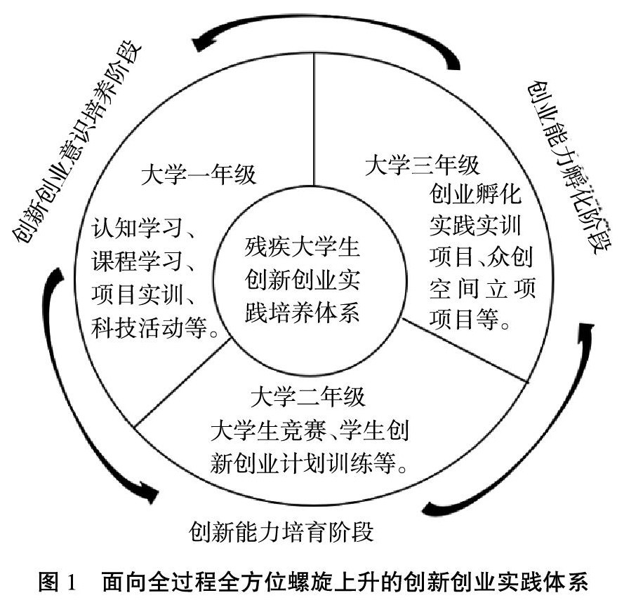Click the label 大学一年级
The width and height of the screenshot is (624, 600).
tap(199, 175)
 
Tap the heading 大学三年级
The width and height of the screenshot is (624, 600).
tap(423, 166)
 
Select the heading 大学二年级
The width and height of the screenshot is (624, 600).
tap(308, 398)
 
